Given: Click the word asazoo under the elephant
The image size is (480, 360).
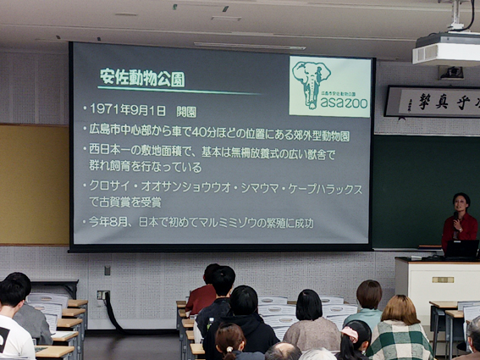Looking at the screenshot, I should tap(344, 102).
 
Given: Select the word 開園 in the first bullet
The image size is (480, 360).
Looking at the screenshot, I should tap(186, 110).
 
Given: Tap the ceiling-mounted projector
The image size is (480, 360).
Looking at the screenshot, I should tap(445, 50).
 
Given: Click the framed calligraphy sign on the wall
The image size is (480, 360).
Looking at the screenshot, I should tap(433, 101).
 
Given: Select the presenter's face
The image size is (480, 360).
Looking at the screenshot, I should tap(461, 203).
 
